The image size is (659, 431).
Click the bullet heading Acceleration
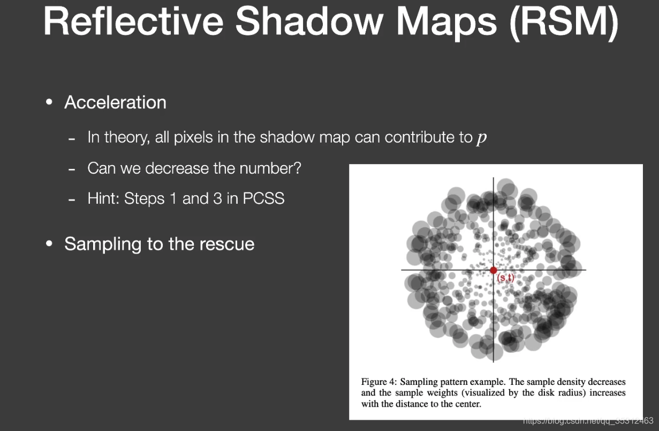coord(115,102)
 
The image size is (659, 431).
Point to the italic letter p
coord(482,138)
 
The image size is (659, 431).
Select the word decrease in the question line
coord(176,168)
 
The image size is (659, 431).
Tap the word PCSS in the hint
coord(263,199)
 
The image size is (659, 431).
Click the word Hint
coord(103,199)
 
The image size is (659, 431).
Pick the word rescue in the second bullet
coord(227,244)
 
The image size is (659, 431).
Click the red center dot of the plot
coord(493,270)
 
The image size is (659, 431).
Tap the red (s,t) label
coord(506,278)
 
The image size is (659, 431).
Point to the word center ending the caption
coord(467,404)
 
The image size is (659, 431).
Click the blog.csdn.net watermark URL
coord(588,421)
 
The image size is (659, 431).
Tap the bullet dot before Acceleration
coord(50,102)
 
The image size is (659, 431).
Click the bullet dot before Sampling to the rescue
coord(50,244)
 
